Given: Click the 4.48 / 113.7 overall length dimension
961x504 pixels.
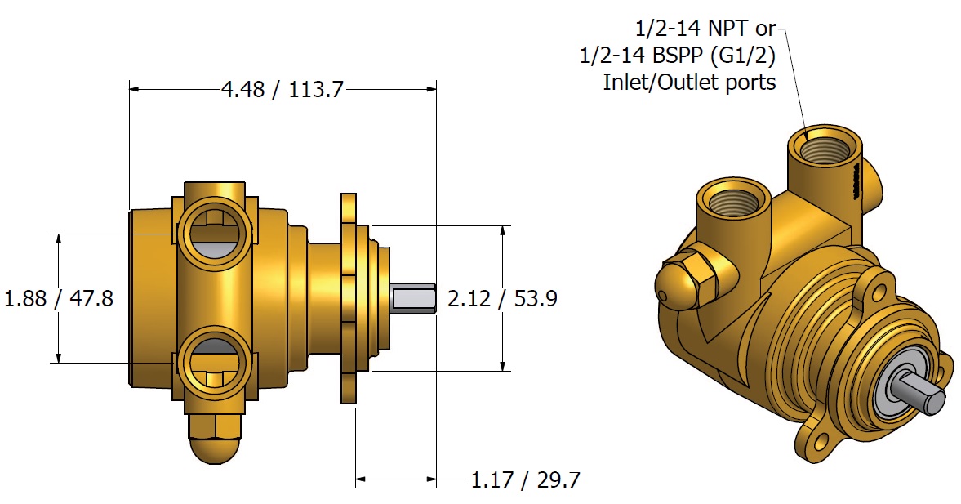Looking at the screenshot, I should point(283,88).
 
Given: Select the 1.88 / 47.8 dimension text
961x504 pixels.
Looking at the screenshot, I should point(59,298).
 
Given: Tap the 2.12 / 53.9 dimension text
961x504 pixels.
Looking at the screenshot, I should point(502,299).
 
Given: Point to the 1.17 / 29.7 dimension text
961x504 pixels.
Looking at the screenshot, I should point(525,479).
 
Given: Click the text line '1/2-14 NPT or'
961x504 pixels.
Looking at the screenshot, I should point(705,29).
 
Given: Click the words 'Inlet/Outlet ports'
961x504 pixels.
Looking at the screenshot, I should point(689,83).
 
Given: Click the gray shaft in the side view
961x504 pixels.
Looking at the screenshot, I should point(412,298).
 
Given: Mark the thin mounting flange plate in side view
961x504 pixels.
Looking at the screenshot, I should point(349,298).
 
